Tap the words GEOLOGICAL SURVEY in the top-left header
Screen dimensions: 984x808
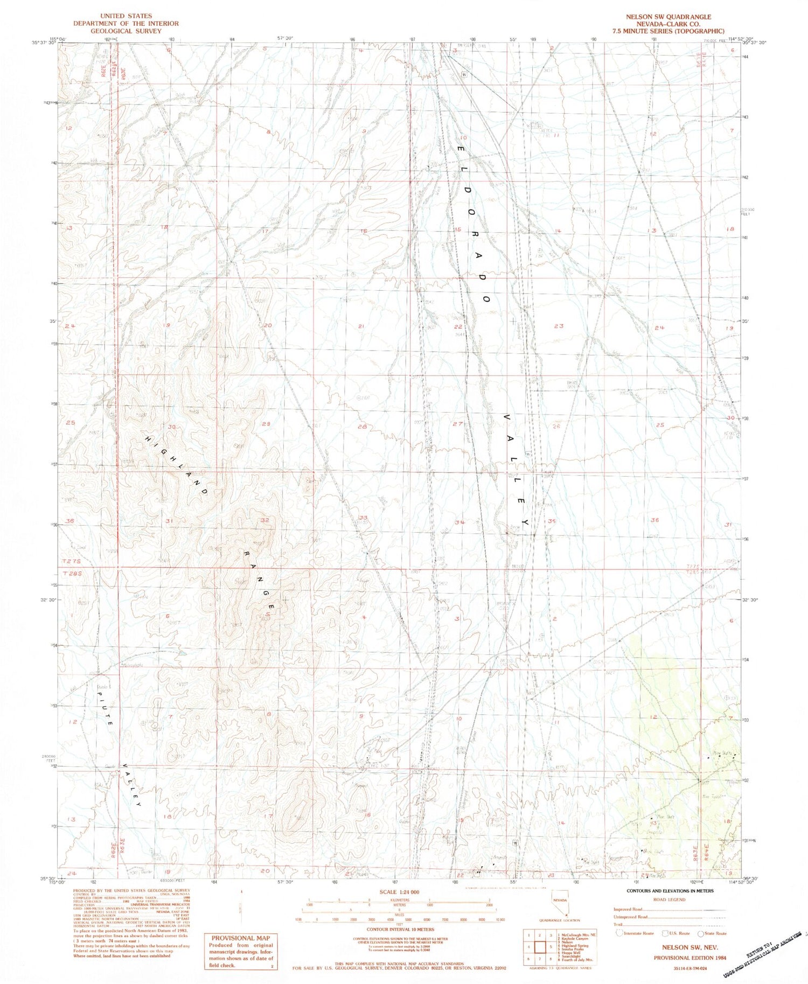point(126,31)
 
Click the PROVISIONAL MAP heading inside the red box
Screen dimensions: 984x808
point(241,938)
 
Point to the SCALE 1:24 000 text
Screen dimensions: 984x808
point(399,892)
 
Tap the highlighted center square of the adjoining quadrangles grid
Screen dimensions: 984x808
point(539,946)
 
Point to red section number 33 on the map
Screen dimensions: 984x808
point(363,518)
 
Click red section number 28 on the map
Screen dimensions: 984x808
point(363,427)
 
